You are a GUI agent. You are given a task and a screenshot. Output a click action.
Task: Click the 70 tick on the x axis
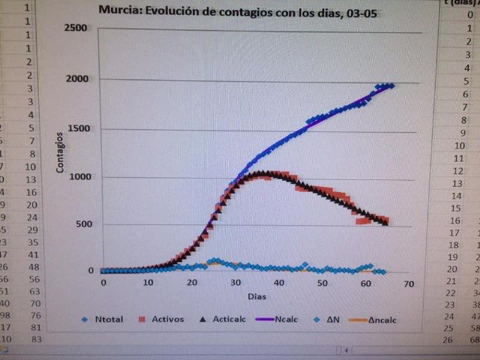(409, 283)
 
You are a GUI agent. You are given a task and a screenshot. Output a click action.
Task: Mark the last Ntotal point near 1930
(391, 86)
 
